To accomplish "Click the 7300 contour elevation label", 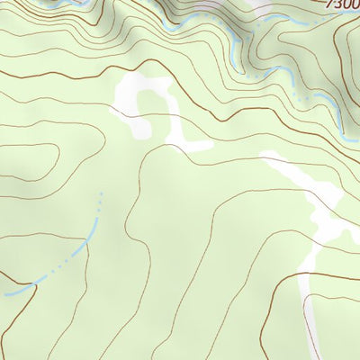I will (343, 4).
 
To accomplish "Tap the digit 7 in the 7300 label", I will (330, 4).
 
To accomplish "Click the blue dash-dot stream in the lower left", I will (72, 256).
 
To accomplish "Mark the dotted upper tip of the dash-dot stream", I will (101, 193).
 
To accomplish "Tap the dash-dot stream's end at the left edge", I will (4, 293).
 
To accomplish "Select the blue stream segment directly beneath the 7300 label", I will (333, 112).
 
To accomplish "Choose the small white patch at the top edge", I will (261, 4).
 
